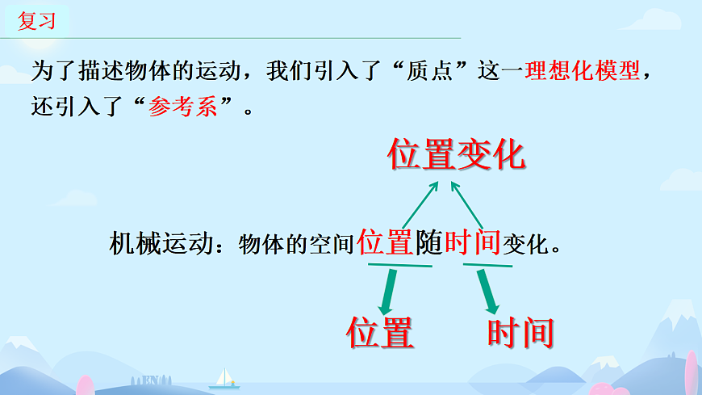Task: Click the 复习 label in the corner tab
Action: pyautogui.click(x=37, y=21)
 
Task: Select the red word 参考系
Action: pyautogui.click(x=183, y=107)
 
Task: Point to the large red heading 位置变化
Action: pyautogui.click(x=457, y=153)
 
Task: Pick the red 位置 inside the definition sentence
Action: pyautogui.click(x=386, y=242)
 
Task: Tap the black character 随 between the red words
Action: pyautogui.click(x=429, y=242)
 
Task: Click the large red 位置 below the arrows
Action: pyautogui.click(x=380, y=332)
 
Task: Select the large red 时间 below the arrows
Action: pyautogui.click(x=520, y=332)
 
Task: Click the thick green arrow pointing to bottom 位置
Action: pyautogui.click(x=388, y=292)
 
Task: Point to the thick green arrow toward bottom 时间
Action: pyautogui.click(x=488, y=292)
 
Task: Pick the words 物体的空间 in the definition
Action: pyautogui.click(x=296, y=244)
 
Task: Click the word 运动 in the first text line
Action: pyautogui.click(x=222, y=71)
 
